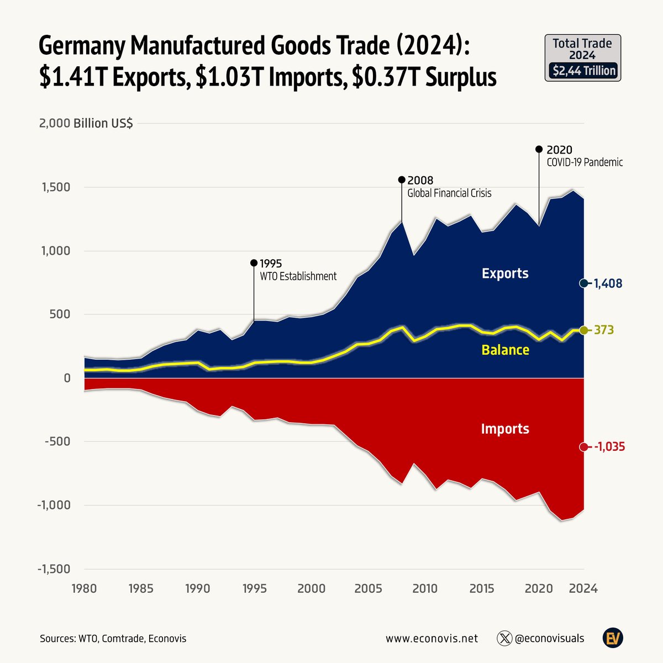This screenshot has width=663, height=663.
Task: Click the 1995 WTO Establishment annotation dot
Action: click(254, 263)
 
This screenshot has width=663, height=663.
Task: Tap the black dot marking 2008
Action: click(402, 180)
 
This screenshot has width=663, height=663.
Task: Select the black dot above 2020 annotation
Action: click(539, 149)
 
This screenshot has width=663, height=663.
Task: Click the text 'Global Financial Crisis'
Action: click(449, 193)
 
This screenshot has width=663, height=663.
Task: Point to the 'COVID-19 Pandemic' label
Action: click(585, 162)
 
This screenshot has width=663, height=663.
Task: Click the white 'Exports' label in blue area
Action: click(505, 273)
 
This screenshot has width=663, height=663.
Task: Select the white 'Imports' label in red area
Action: click(505, 429)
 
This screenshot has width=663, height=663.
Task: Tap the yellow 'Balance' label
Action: click(505, 350)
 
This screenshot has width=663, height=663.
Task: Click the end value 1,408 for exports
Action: click(608, 283)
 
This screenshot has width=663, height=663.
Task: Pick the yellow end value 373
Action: click(604, 330)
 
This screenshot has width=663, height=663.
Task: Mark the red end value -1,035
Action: click(609, 447)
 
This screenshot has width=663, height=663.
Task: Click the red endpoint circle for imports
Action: click(583, 447)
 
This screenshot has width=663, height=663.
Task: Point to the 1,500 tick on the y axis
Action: click(55, 187)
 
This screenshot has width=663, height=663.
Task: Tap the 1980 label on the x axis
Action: click(84, 588)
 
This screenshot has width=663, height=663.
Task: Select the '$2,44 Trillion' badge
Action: click(583, 71)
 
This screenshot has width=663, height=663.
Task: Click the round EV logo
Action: click(613, 638)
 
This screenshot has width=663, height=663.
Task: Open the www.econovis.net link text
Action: click(432, 639)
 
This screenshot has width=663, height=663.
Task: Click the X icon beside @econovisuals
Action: click(504, 638)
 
